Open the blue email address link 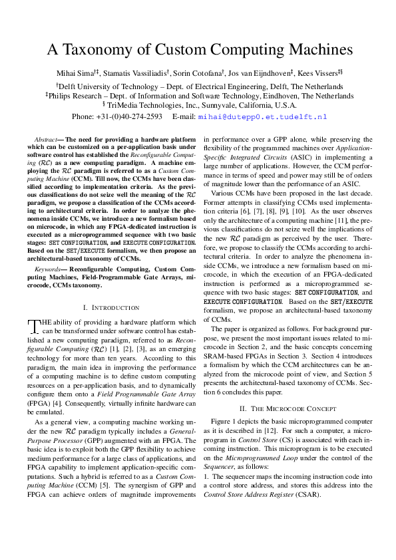tap(263, 116)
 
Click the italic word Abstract tap(47, 139)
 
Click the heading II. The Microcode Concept tap(292, 407)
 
